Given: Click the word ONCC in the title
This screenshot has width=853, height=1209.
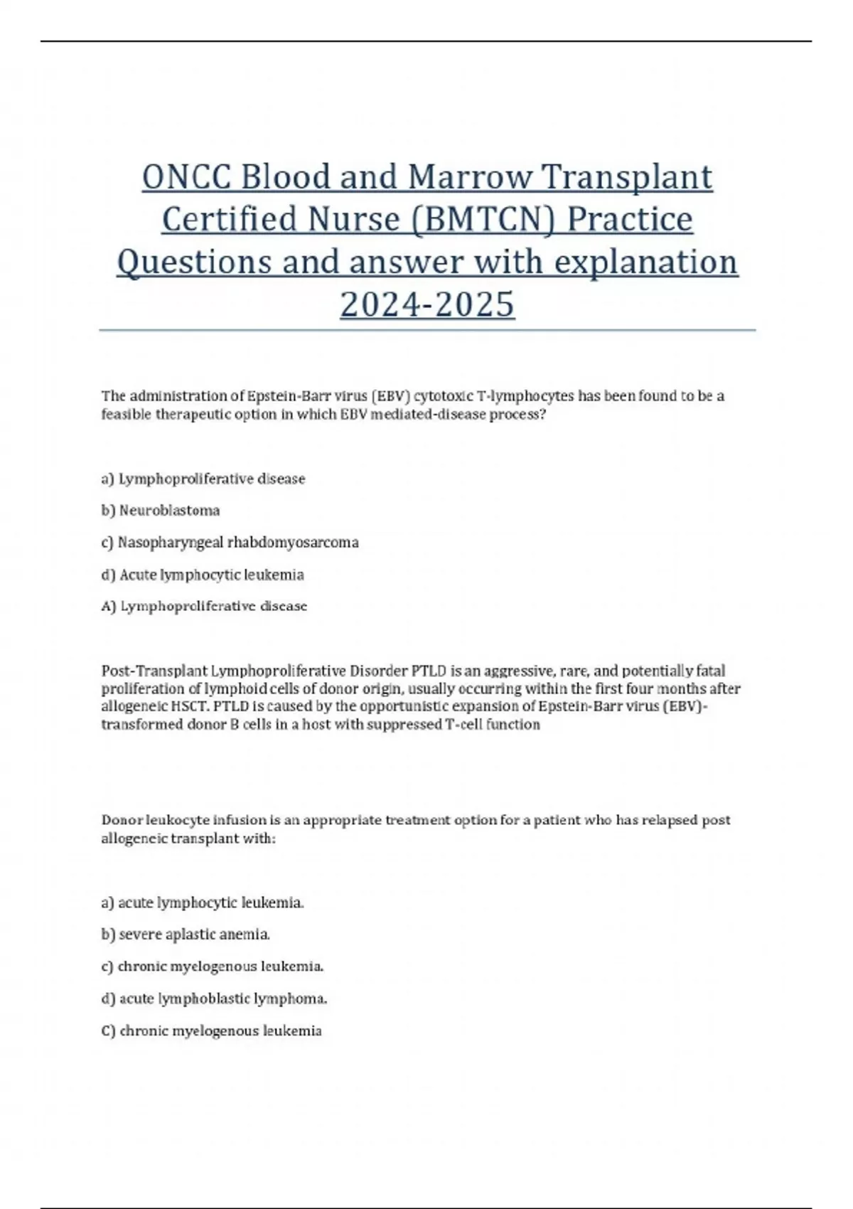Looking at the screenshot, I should (x=186, y=177).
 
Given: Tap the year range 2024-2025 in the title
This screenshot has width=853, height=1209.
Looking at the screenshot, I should (x=427, y=304).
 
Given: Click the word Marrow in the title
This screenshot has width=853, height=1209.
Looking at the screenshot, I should (x=470, y=177).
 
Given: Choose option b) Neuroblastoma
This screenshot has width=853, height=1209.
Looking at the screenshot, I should (x=161, y=511).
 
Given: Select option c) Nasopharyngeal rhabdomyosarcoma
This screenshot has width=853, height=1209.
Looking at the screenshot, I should (x=230, y=543).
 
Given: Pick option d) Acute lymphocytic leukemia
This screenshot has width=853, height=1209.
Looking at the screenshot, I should (x=203, y=575).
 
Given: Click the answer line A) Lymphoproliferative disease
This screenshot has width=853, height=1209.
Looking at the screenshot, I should (x=204, y=607).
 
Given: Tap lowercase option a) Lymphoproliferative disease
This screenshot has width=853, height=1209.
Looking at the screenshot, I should (x=203, y=479).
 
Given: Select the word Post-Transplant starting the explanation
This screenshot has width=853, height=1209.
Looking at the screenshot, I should (x=154, y=671).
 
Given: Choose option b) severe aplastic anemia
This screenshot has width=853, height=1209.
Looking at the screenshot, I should (x=186, y=934).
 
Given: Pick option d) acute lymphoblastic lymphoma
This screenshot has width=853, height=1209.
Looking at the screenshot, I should (x=214, y=998).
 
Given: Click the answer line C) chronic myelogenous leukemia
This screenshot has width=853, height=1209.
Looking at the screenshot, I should (x=211, y=1030).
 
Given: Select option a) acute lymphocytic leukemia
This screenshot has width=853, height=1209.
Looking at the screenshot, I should (x=203, y=902).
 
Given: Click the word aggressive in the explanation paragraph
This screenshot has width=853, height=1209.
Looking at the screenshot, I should (x=509, y=671).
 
